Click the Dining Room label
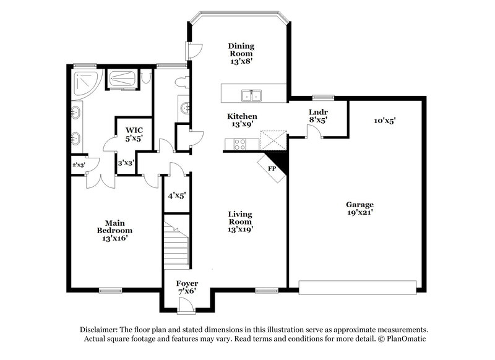click(241, 53)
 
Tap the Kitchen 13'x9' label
click(242, 120)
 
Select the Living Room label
click(241, 221)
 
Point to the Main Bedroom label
click(114, 229)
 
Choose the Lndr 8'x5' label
click(318, 116)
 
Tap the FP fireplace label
click(271, 168)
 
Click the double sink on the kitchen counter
click(252, 95)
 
